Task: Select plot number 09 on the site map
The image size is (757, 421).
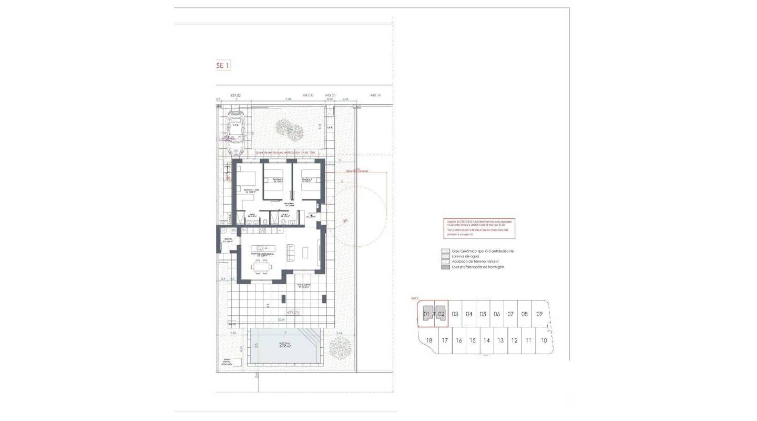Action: click(539, 314)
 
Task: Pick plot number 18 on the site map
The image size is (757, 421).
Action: click(429, 340)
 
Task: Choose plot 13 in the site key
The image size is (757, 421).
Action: click(500, 340)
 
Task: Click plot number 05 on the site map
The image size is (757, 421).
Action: click(483, 314)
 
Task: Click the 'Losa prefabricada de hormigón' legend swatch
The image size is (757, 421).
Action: click(445, 267)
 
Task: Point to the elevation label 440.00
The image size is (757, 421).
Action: click(308, 95)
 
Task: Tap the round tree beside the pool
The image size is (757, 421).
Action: click(340, 347)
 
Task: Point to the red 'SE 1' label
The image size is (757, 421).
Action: click(223, 65)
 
